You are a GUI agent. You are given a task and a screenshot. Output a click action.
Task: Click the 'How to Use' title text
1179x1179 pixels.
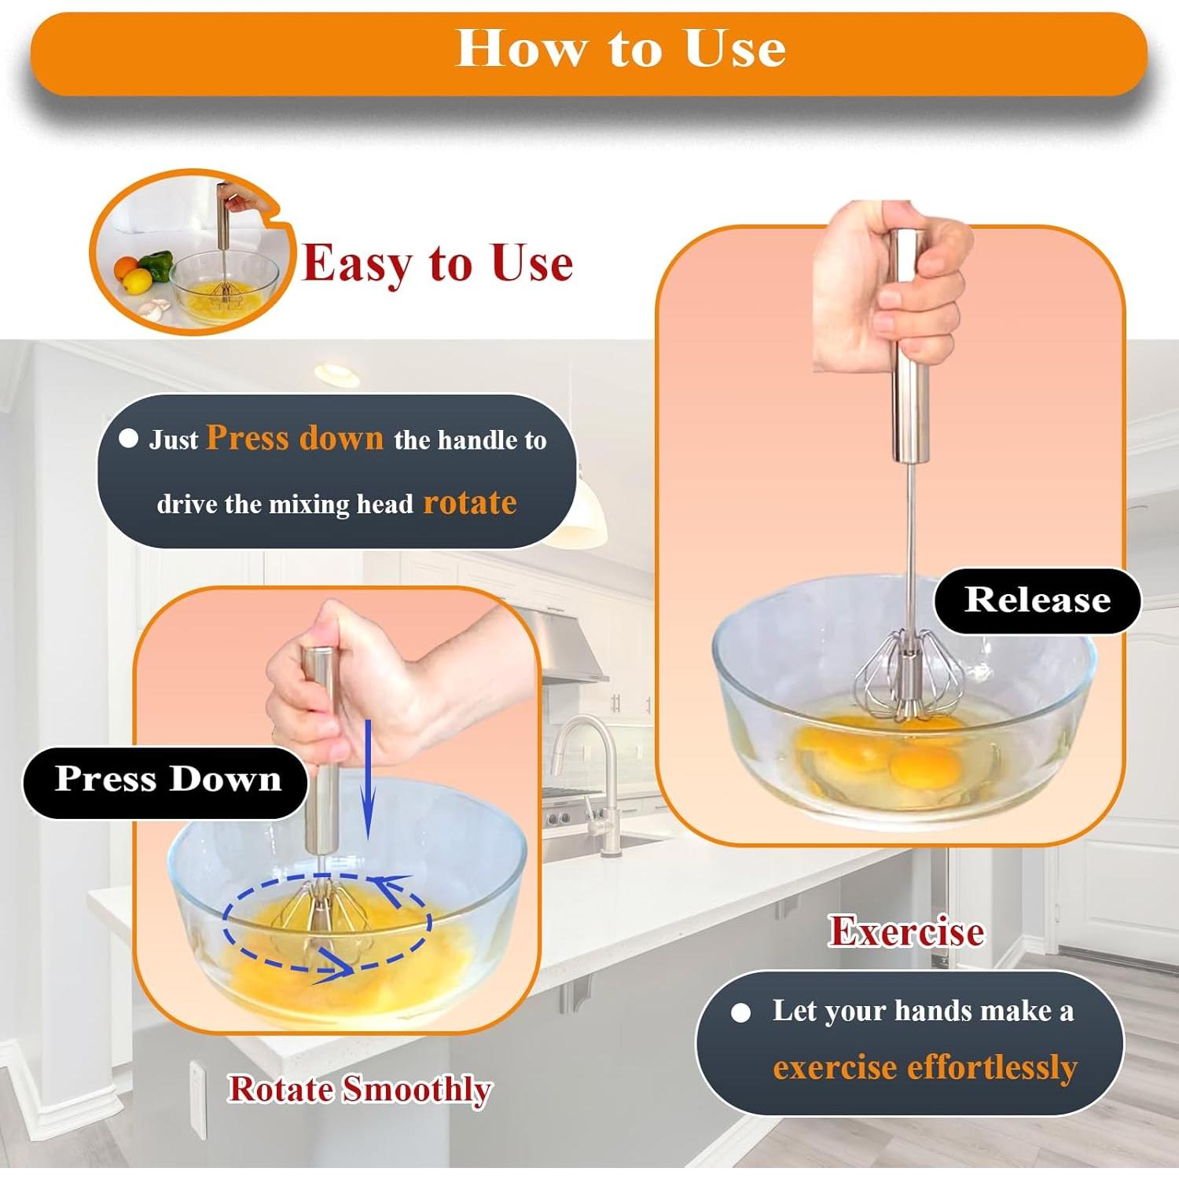621,49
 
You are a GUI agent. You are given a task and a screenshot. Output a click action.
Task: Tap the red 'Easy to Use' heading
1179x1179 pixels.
438,263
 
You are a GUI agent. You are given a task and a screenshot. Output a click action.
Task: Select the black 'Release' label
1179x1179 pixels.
1038,601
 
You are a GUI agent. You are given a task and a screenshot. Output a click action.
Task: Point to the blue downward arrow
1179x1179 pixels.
367,778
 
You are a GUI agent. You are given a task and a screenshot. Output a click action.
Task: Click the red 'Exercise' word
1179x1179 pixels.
906,931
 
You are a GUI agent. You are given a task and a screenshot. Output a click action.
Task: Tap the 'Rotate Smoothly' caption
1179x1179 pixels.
360,1089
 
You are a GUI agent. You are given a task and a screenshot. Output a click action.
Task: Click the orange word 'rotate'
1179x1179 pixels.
470,502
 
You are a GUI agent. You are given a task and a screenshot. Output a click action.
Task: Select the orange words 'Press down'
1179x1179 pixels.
295,438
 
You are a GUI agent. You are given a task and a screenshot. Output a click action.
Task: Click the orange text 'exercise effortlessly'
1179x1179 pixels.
925,1067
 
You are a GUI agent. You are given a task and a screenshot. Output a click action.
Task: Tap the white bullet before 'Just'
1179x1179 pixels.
129,439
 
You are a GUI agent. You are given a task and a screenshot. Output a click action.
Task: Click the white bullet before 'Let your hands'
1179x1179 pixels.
740,1012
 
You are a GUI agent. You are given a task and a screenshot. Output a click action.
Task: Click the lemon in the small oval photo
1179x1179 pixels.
138,281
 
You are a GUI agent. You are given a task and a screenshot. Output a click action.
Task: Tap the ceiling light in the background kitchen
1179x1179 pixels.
337,374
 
